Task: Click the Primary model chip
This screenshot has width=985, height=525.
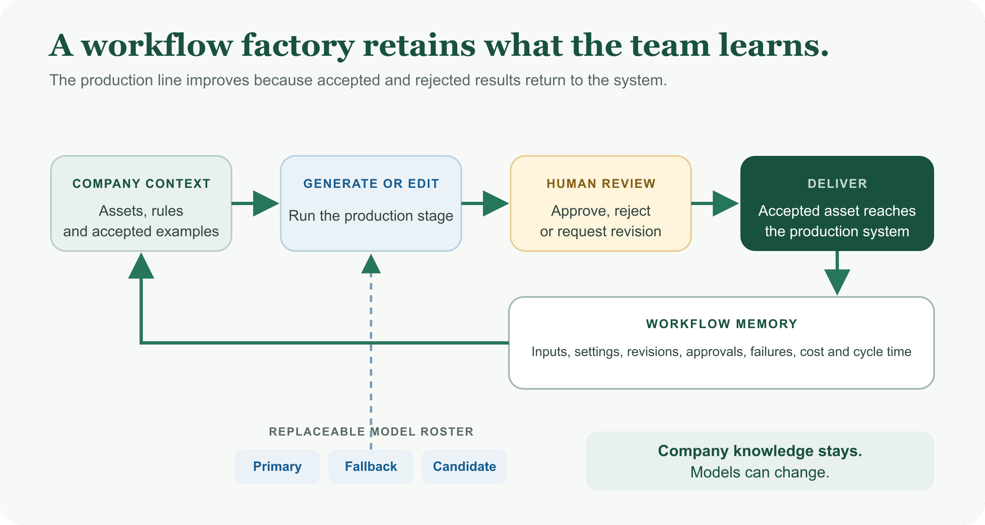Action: [277, 466]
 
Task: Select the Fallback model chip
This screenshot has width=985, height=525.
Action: [371, 466]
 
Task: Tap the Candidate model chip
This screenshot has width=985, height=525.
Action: [465, 466]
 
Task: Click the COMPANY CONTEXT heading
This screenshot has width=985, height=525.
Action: [141, 183]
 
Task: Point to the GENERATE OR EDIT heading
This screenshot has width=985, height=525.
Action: [371, 183]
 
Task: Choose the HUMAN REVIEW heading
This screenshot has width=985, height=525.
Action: [601, 183]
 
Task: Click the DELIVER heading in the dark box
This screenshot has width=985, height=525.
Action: [837, 183]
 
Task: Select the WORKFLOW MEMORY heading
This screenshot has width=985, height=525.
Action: [722, 324]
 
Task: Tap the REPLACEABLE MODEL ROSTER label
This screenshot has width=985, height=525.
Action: [371, 431]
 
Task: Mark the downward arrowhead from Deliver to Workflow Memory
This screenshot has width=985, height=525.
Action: [837, 282]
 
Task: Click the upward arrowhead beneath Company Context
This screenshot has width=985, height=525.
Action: [141, 266]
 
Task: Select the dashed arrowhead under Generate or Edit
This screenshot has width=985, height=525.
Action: [371, 264]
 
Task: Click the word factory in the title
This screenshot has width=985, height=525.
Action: [298, 46]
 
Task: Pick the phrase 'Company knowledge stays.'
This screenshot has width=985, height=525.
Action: [760, 451]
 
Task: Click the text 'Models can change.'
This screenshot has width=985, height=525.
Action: [760, 472]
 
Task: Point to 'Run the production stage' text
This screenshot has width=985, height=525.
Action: [371, 216]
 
